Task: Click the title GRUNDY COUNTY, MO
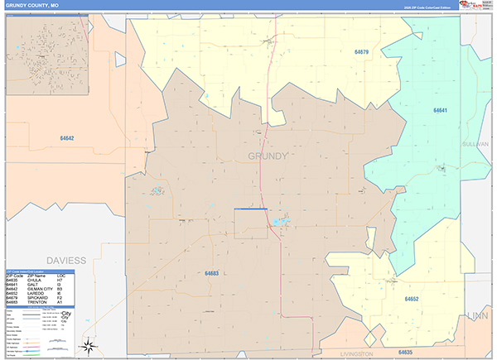click(x=33, y=5)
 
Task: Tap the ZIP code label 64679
click(x=361, y=51)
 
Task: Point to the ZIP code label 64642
click(x=67, y=138)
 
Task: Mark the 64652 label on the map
click(x=413, y=298)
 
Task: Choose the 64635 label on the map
click(x=406, y=353)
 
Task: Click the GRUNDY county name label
click(x=268, y=156)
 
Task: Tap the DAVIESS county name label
click(x=65, y=260)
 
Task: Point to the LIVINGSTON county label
click(x=356, y=353)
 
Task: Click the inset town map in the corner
click(x=46, y=50)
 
